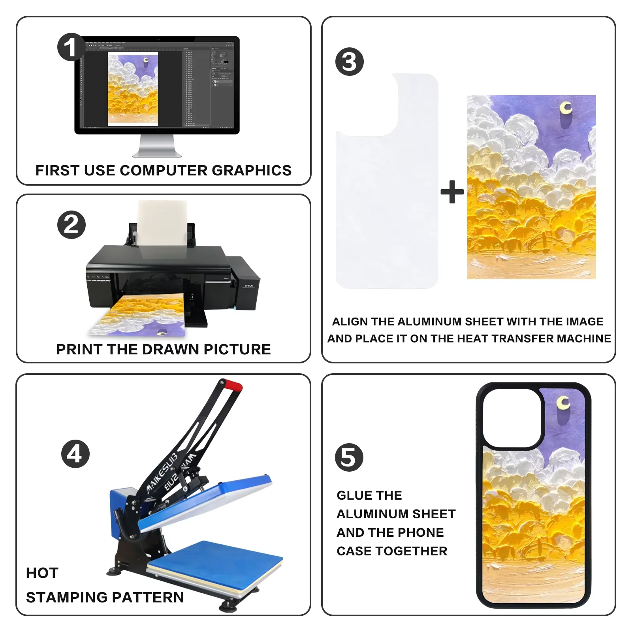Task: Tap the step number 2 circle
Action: [71, 225]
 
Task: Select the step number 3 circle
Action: [350, 62]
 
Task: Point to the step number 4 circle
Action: [75, 454]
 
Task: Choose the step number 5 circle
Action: [349, 457]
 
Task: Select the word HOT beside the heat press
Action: [42, 573]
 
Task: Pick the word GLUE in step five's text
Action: [352, 495]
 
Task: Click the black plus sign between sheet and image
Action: [452, 192]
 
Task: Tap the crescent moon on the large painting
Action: [566, 108]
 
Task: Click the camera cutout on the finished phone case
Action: [512, 418]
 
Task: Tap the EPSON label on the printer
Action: [249, 286]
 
